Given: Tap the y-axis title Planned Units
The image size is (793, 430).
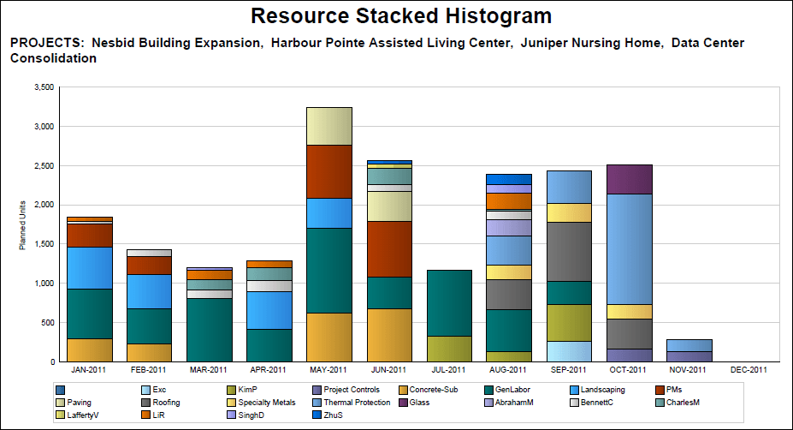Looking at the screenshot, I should (x=22, y=226).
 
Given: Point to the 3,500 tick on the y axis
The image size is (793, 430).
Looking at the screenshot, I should (x=42, y=87).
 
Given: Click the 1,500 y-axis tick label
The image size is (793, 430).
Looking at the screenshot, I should (x=42, y=244).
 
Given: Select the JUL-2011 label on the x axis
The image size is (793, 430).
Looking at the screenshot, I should (x=448, y=370).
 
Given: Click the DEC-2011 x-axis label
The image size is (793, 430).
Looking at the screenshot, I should (x=749, y=370).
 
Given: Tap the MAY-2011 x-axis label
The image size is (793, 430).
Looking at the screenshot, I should (x=328, y=370).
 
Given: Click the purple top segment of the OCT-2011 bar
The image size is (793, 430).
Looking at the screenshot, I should (x=629, y=179).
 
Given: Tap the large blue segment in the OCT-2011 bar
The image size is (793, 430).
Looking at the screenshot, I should (x=629, y=248).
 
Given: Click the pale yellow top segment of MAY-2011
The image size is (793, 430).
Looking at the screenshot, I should (x=329, y=126).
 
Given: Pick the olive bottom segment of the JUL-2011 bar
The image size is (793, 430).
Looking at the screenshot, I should (x=449, y=349).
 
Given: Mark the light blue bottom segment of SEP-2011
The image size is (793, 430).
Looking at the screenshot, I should (x=569, y=351).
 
